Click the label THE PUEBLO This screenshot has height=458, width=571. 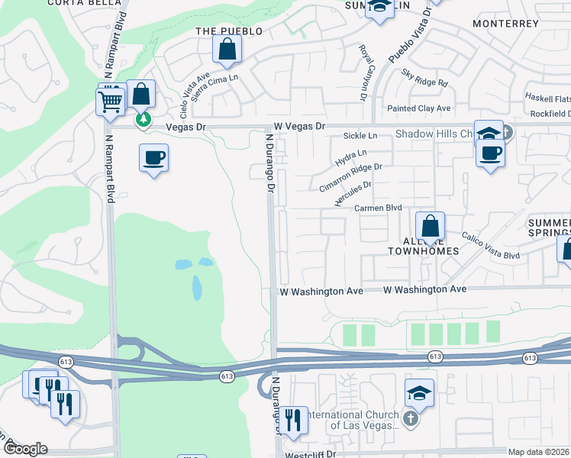tap(229, 31)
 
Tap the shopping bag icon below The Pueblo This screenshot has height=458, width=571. tap(227, 49)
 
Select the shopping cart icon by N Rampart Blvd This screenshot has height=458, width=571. tap(111, 101)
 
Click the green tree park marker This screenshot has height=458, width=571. tap(142, 119)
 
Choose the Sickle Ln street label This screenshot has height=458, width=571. tap(360, 135)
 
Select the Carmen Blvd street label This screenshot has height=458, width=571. tap(378, 208)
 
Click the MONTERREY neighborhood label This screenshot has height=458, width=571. tap(505, 24)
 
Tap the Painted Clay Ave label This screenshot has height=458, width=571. tap(419, 108)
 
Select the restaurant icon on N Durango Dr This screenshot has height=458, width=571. tap(292, 419)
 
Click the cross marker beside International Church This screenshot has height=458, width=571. tap(410, 418)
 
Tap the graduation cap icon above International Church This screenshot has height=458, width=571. tap(419, 392)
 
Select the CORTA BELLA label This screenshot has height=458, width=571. tap(76, 3)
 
